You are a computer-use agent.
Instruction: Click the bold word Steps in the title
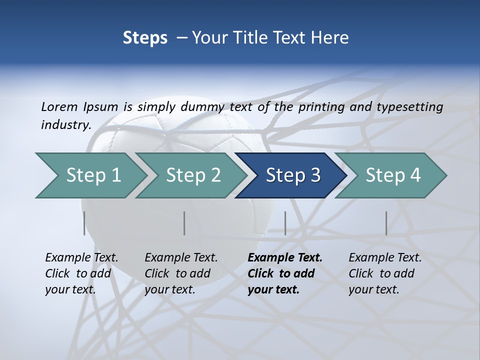145,37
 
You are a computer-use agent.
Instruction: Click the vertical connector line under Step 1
84,223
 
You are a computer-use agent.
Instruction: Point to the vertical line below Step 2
184,223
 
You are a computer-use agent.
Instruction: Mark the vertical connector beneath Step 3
285,223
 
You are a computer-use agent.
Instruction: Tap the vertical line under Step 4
386,223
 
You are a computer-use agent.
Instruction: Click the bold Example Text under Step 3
285,258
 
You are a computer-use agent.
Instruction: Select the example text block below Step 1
81,273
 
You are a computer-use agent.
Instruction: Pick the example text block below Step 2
181,273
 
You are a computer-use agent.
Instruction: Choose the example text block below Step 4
385,273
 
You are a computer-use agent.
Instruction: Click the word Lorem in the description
59,106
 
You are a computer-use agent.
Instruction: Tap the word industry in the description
65,125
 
